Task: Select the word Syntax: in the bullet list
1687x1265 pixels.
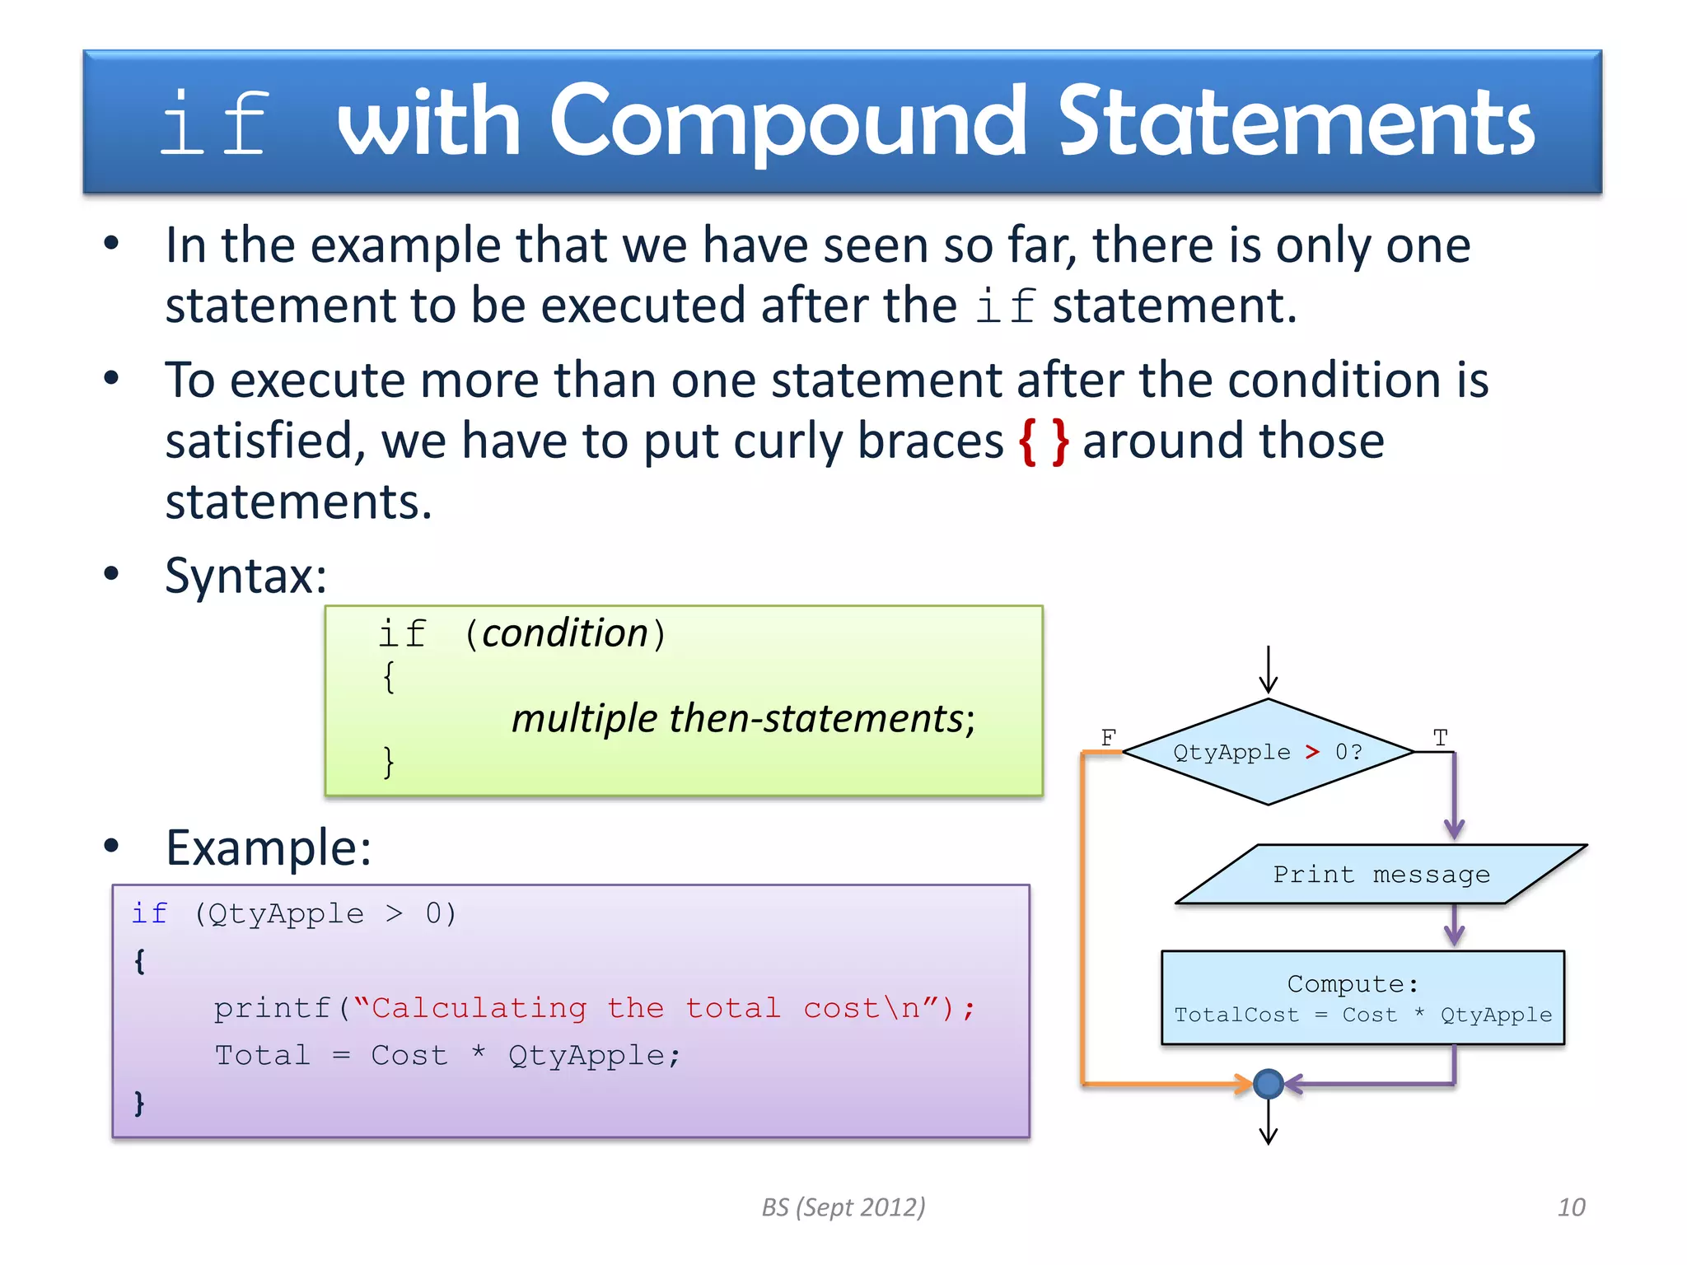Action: [245, 575]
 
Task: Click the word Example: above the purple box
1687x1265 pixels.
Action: [269, 847]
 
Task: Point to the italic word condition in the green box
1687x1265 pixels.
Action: [565, 633]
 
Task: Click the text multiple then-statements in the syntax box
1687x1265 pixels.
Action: [742, 718]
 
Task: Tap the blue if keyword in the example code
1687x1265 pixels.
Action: [149, 913]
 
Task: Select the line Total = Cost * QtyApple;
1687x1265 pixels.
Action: [447, 1055]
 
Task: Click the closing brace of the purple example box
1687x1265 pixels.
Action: [139, 1103]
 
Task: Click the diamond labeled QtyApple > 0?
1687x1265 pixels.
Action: [1268, 752]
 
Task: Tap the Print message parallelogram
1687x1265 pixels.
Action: [1381, 874]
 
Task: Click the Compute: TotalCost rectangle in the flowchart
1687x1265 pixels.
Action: [1362, 997]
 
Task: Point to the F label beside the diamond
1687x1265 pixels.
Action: [1108, 737]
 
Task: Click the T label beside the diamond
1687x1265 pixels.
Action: [1440, 737]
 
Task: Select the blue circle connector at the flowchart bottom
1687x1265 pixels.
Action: [1268, 1084]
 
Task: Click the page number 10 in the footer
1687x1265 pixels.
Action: [1571, 1207]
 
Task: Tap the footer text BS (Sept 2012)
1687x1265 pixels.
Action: [843, 1207]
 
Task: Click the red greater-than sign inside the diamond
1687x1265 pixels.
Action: [1312, 752]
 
